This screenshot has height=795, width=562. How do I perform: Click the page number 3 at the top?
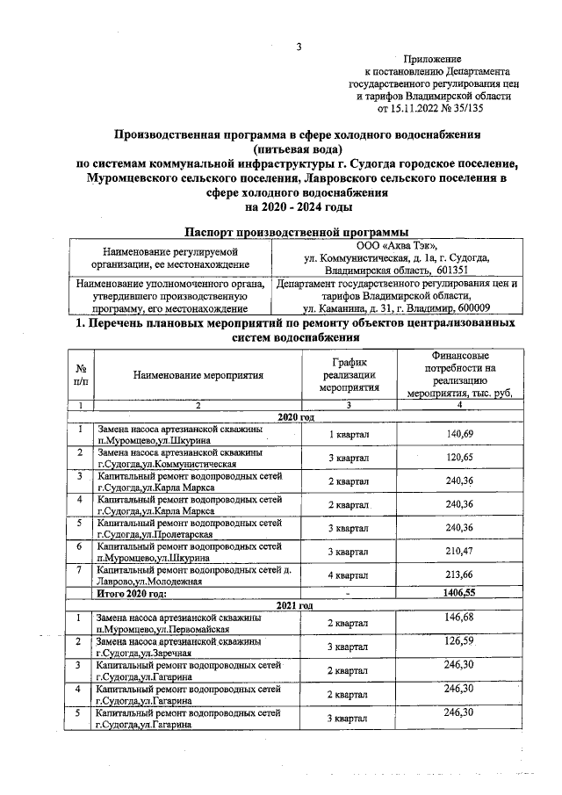coord(299,47)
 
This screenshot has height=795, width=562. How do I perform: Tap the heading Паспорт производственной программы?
coord(298,230)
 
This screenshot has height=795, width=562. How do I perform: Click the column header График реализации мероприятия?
coord(349,374)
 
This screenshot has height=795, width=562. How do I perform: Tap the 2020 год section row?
coord(295,416)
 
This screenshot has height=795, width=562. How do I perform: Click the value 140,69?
coord(458,435)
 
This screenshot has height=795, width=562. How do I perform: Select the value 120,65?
coord(458,458)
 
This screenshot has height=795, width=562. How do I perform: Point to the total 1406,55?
coord(458,594)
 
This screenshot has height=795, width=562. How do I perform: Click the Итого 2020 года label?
coord(132,594)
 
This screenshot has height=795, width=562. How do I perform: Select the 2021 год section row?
coord(295,605)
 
